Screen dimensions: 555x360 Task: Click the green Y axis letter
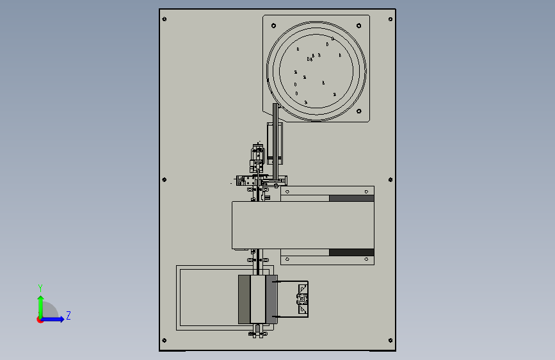[40, 288]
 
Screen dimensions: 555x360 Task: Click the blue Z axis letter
[68, 316]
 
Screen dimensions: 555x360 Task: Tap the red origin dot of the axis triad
[40, 320]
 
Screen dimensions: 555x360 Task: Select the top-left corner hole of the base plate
[165, 19]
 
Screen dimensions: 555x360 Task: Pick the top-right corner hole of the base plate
[390, 19]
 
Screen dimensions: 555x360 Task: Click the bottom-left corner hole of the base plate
[165, 341]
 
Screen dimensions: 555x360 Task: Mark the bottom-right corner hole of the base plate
[390, 341]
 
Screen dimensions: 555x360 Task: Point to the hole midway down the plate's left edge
[165, 179]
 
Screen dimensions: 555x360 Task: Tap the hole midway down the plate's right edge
[390, 179]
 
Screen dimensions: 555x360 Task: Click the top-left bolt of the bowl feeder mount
[273, 26]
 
